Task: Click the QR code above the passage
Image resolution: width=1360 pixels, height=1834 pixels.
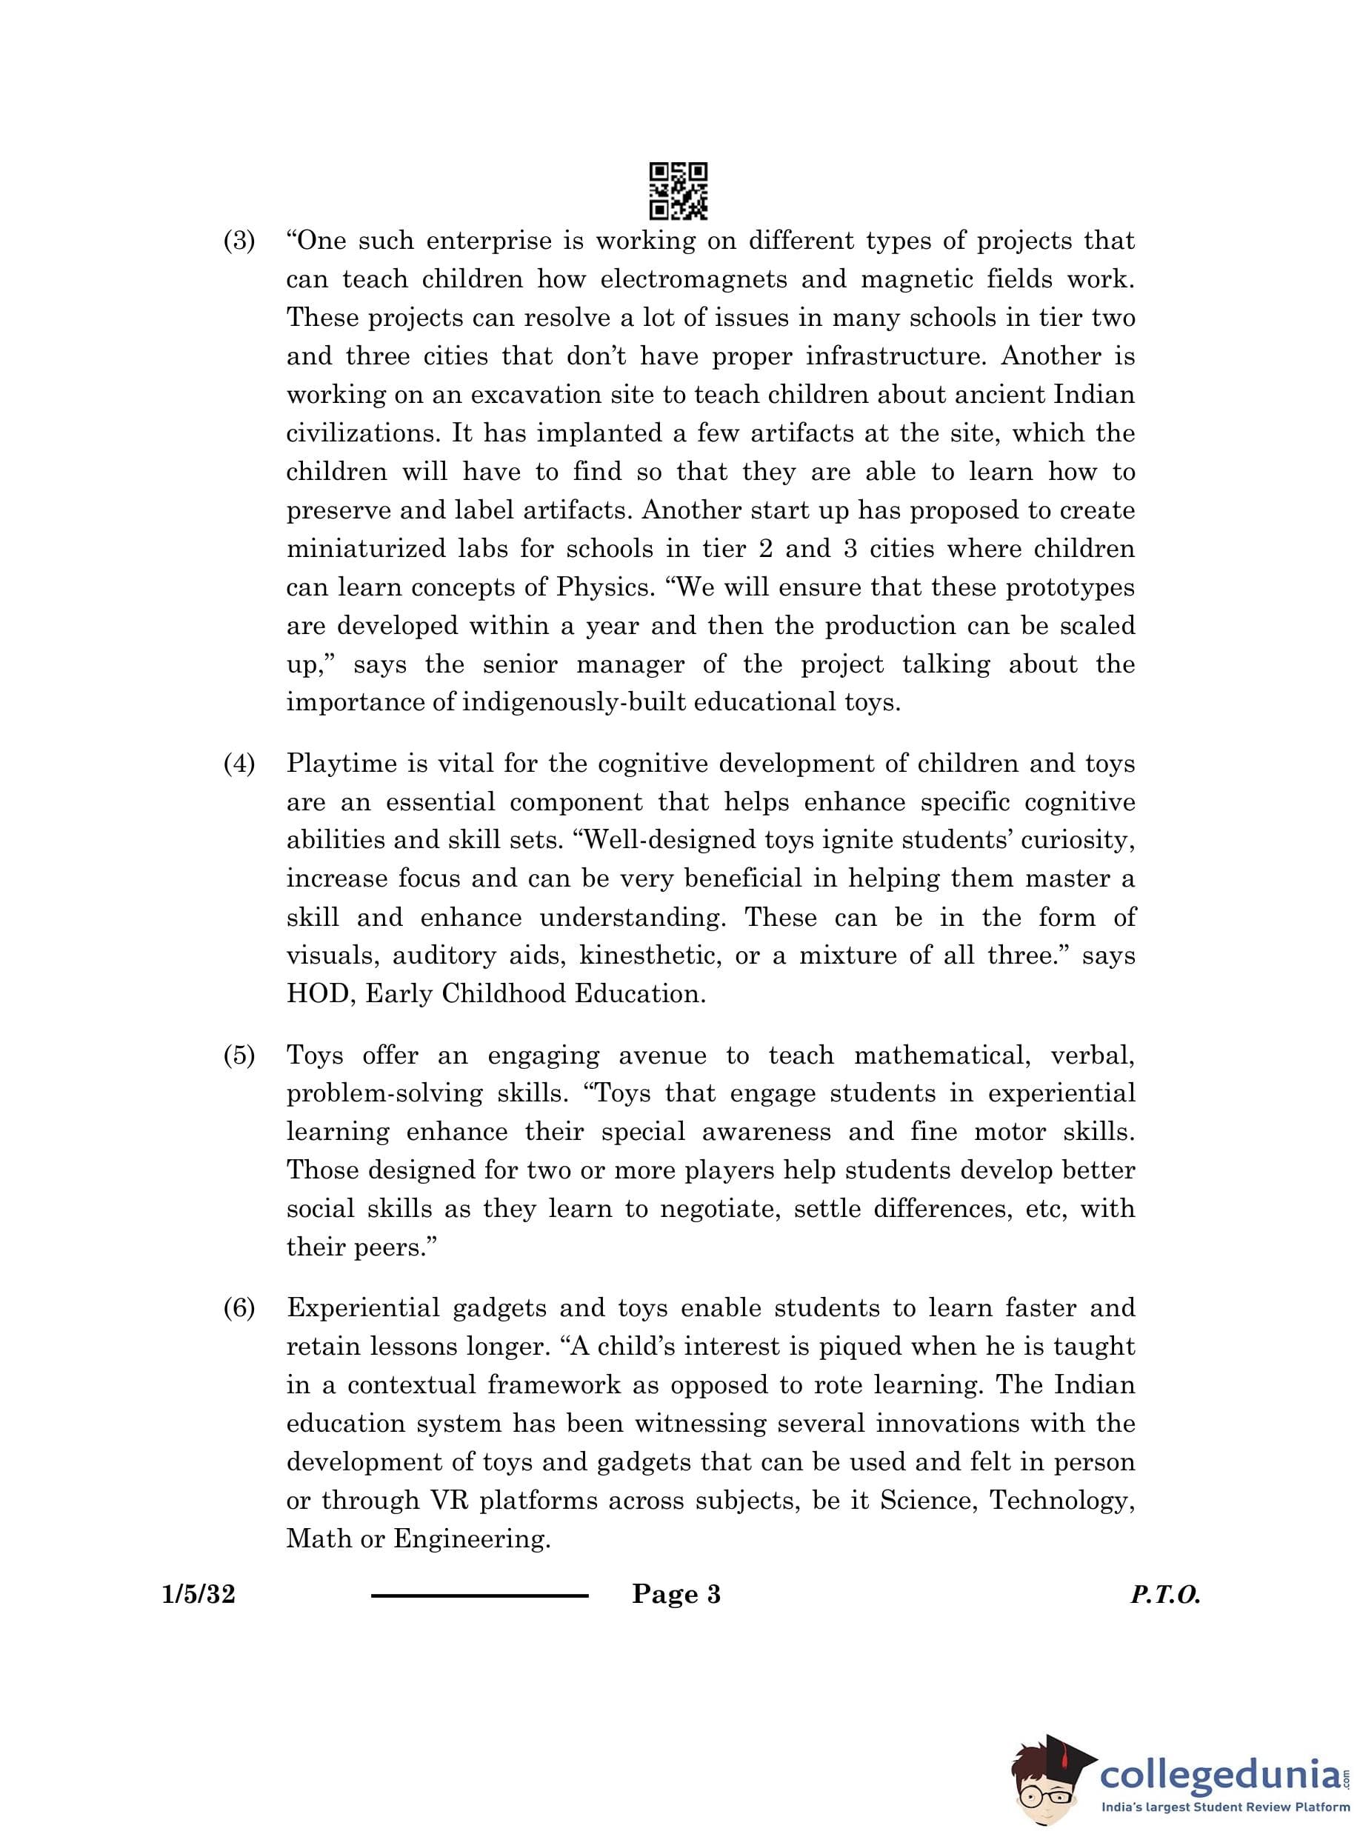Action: [x=679, y=191]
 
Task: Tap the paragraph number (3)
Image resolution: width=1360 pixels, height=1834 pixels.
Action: [x=239, y=241]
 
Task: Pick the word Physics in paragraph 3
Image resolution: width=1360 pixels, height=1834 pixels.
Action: [x=604, y=587]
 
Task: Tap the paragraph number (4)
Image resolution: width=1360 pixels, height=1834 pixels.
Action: [x=239, y=764]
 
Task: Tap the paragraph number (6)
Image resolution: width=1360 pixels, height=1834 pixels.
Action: [x=239, y=1309]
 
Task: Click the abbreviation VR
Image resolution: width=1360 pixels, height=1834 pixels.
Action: [x=450, y=1501]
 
